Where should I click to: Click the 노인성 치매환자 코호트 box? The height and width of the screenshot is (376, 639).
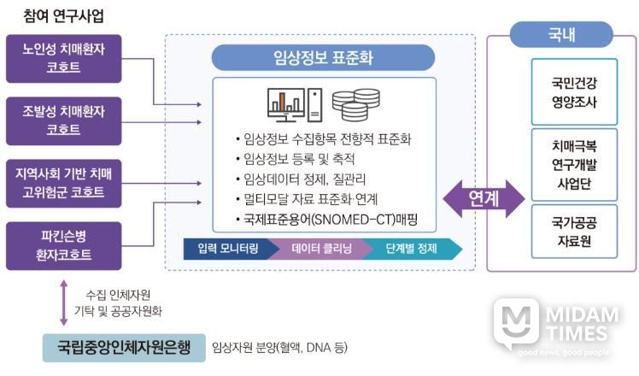pos(63,59)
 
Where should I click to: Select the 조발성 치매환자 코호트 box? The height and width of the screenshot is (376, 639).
pos(63,121)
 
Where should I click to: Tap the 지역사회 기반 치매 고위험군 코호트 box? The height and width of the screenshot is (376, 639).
pos(63,184)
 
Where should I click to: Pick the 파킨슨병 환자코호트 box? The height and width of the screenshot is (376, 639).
pos(63,246)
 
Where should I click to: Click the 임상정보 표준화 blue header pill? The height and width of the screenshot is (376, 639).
pos(323,57)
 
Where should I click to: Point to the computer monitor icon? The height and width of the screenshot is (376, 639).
pos(286,105)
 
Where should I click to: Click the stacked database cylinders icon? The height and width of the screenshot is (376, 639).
pos(355,105)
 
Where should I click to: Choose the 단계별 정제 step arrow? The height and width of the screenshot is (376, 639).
pos(413,249)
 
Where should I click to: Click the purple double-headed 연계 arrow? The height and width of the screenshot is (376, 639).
pos(484,198)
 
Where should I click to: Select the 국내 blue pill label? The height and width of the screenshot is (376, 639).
pos(561,35)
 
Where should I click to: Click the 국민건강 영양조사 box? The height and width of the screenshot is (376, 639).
pos(574,91)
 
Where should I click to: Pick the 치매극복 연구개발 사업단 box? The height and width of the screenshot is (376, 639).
pos(574,165)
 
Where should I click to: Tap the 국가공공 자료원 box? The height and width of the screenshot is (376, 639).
pos(574,232)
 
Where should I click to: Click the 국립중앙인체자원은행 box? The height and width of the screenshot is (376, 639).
pos(124,348)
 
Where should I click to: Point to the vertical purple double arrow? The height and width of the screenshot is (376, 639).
pos(63,303)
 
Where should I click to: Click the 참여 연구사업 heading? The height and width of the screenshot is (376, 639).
pos(63,16)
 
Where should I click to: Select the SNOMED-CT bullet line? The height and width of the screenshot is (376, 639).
pos(326,220)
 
